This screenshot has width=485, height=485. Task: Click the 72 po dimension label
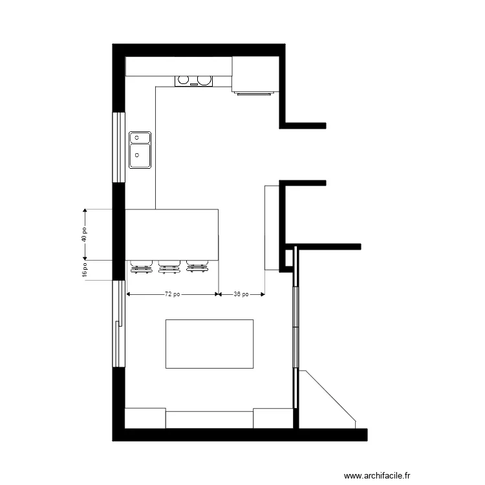(172, 294)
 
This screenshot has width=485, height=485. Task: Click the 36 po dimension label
(241, 294)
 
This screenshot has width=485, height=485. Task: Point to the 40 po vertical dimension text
(83, 234)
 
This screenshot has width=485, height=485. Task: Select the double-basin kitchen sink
(140, 149)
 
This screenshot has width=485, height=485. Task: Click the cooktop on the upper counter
(193, 80)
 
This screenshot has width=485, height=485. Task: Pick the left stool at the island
(141, 266)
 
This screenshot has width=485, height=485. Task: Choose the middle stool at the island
(169, 266)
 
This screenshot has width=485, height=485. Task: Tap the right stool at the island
(197, 266)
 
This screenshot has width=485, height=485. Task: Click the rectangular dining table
(210, 343)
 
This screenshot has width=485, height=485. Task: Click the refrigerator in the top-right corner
(255, 75)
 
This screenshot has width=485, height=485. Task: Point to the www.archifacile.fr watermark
(377, 475)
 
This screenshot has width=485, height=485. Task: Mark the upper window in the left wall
(118, 147)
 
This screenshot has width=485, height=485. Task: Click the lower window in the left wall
(118, 323)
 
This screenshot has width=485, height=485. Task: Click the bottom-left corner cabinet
(145, 418)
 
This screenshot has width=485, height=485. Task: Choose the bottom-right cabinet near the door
(273, 418)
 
